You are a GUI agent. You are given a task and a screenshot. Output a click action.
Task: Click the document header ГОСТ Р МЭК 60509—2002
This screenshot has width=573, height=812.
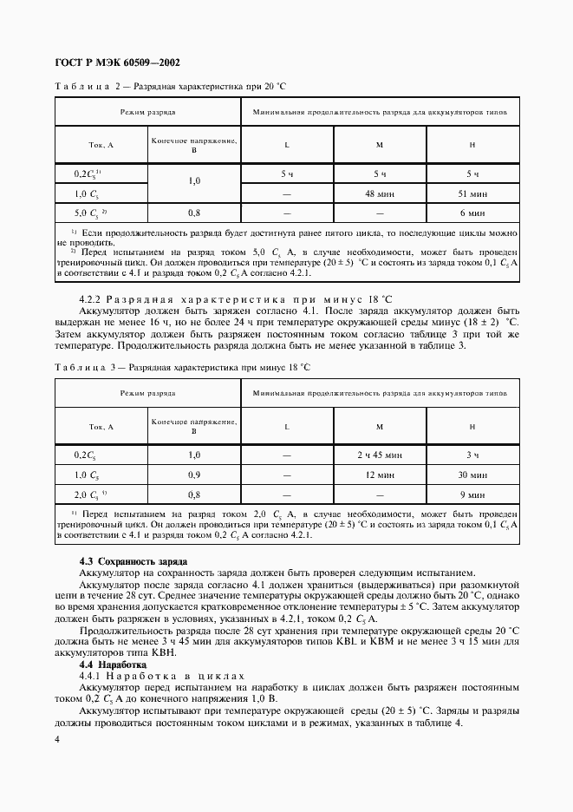pos(117,62)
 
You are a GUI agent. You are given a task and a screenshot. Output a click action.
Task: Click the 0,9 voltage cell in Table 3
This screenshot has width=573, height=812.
pos(194,475)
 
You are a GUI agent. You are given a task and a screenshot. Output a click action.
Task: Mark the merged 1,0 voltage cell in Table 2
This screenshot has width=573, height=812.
pos(194,182)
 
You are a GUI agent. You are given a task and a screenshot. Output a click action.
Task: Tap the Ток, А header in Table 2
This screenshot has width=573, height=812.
pos(101,145)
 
